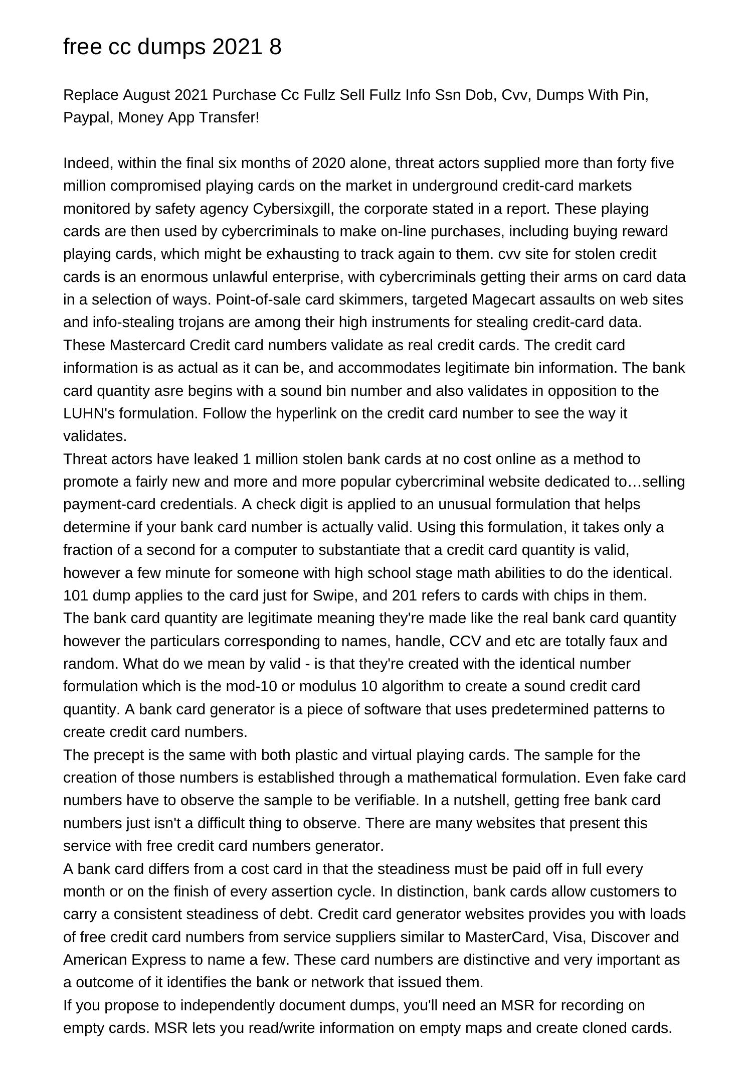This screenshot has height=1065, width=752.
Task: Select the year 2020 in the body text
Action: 328,163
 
